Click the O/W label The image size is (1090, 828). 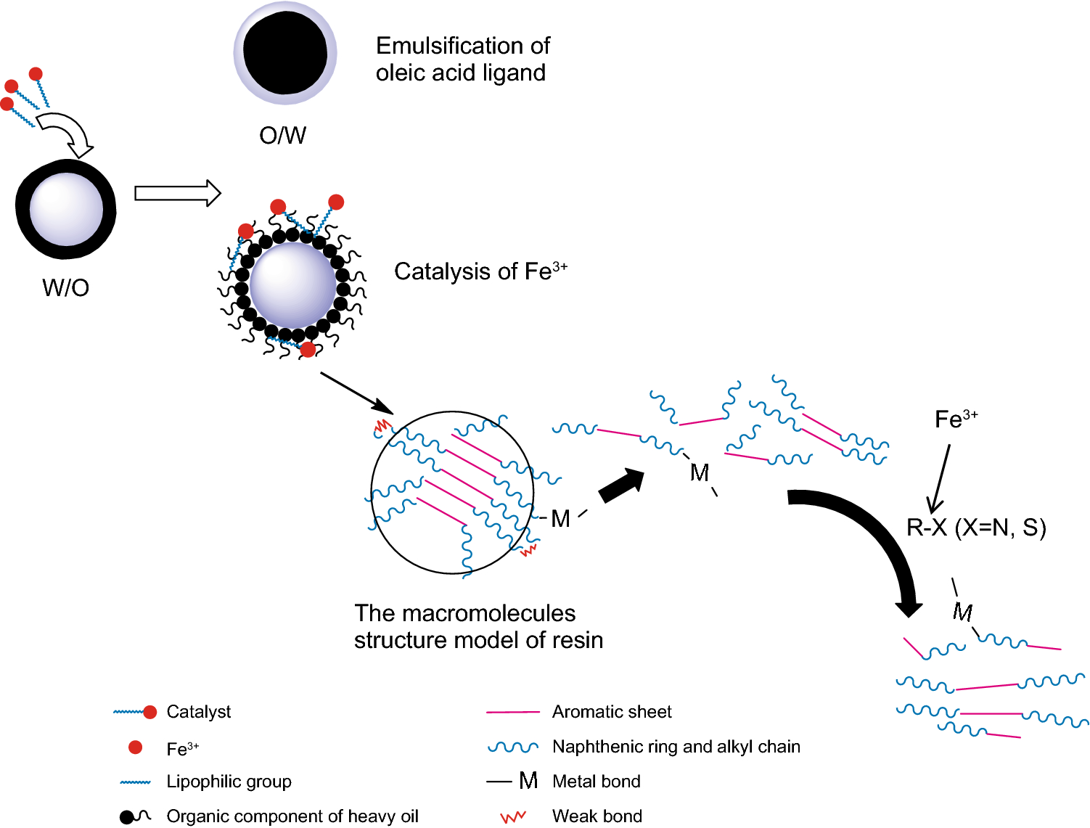[x=283, y=135]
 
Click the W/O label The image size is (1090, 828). [x=65, y=287]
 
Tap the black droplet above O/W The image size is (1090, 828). [x=284, y=52]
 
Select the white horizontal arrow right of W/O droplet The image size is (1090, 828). [x=177, y=193]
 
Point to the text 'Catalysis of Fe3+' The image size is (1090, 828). [x=480, y=271]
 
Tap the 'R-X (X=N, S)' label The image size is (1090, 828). [x=976, y=528]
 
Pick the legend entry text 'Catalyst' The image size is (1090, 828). [x=198, y=712]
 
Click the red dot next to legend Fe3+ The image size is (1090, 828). [x=135, y=747]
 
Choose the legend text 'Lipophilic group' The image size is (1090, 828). [x=229, y=782]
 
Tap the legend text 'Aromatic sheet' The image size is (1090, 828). [x=612, y=712]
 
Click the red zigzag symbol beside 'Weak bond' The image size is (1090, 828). [x=513, y=817]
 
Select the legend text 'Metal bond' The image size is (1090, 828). [x=596, y=782]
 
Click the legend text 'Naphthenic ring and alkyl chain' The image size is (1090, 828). [x=676, y=747]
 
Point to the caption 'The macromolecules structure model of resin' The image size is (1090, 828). [x=478, y=627]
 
